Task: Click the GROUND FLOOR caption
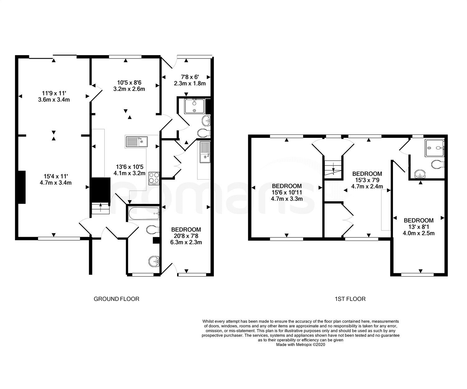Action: pyautogui.click(x=116, y=299)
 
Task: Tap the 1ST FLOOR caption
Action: pyautogui.click(x=350, y=299)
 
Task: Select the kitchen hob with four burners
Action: pyautogui.click(x=154, y=178)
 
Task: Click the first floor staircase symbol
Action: pyautogui.click(x=333, y=169)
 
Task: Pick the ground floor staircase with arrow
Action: pyautogui.click(x=101, y=209)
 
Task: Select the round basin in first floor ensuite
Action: pyautogui.click(x=420, y=174)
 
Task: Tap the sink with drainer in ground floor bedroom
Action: pyautogui.click(x=205, y=152)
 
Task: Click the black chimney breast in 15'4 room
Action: pyautogui.click(x=22, y=187)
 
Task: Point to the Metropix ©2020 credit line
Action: pyautogui.click(x=300, y=344)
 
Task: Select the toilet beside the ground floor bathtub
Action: pyautogui.click(x=153, y=230)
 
